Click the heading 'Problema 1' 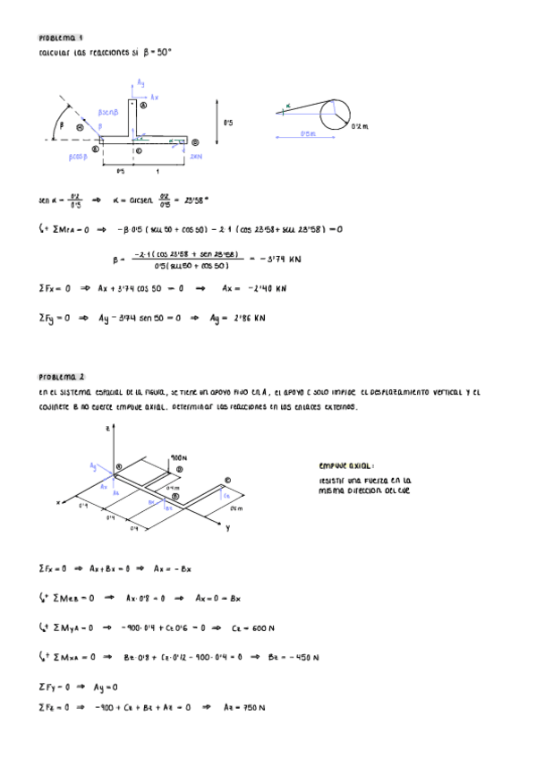61,38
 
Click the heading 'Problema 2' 61,377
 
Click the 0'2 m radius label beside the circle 360,127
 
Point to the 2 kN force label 196,155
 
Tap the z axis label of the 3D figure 108,430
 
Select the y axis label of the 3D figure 227,528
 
